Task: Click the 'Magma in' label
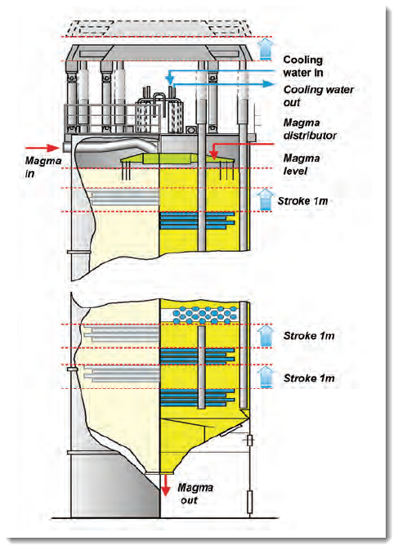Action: tap(42, 167)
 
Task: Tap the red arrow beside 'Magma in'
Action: tap(48, 148)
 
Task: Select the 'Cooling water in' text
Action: tap(303, 66)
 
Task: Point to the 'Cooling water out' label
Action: tap(319, 96)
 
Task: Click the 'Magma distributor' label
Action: tap(310, 129)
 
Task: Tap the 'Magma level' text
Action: tap(302, 164)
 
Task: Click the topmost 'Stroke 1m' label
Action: tap(302, 201)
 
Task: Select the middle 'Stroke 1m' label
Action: tap(309, 336)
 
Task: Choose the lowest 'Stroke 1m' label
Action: tap(309, 378)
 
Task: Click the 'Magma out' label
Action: tap(195, 494)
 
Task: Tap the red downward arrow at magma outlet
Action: tap(165, 485)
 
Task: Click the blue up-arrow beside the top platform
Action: tap(265, 49)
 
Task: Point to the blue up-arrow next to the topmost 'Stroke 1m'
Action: tap(266, 199)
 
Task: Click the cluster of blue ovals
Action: tap(205, 315)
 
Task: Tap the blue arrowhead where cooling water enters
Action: tap(169, 79)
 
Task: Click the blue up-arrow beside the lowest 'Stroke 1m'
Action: tap(266, 377)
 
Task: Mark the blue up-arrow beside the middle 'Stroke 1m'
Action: tap(266, 336)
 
